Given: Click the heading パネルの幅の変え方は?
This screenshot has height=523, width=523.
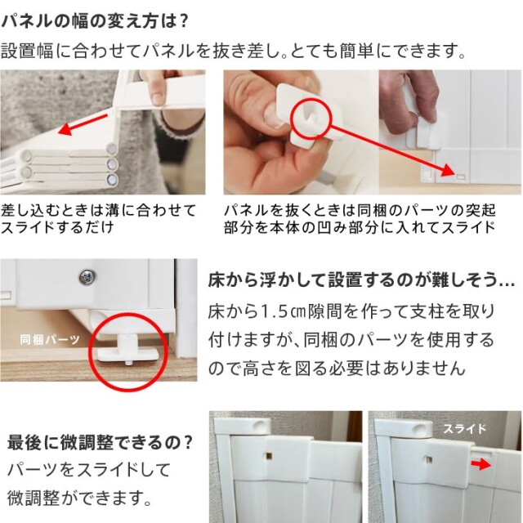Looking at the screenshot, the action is [x=95, y=21].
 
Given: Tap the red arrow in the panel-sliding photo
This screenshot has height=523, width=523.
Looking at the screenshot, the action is [x=83, y=124].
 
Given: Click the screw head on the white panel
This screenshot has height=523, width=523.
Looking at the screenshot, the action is [x=87, y=277].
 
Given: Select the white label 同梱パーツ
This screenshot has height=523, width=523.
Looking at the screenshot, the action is [x=49, y=340].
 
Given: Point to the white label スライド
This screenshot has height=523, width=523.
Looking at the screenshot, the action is [x=464, y=428].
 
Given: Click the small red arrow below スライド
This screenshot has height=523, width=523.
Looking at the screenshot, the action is [x=481, y=464].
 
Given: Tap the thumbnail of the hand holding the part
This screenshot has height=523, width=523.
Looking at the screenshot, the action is [x=301, y=132].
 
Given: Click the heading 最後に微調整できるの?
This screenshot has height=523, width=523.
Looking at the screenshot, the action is [x=100, y=442].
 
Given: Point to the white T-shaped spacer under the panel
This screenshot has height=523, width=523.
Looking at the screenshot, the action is [x=128, y=349].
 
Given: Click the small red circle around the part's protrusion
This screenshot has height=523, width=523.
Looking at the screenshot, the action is [x=311, y=118].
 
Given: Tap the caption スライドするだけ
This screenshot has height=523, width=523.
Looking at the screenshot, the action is [x=57, y=227].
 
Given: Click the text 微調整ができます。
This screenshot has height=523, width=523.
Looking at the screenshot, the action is [x=79, y=498].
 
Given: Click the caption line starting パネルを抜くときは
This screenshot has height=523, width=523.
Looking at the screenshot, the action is [x=360, y=211].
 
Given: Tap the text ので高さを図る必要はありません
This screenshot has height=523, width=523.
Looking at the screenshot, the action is [x=337, y=369].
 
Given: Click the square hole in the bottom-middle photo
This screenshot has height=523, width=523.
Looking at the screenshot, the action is [x=269, y=455].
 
